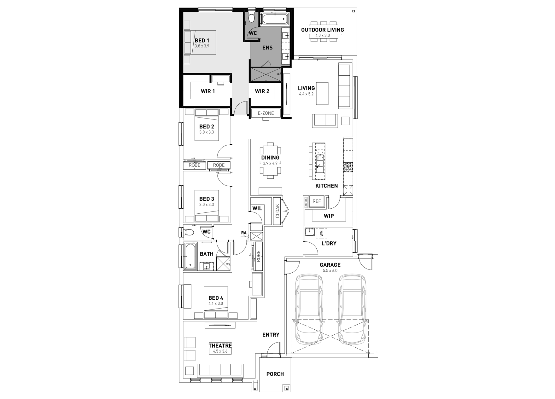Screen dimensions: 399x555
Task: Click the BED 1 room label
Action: (202, 40)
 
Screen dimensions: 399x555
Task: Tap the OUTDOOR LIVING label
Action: (322, 30)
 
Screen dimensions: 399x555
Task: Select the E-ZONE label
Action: (266, 113)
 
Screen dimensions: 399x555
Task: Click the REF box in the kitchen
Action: (317, 201)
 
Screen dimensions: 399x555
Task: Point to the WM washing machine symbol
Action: (321, 234)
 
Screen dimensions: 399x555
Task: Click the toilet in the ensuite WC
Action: (251, 18)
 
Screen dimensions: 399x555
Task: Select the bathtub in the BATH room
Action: (190, 256)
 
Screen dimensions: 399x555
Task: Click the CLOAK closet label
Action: (277, 211)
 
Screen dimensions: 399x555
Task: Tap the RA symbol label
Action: (244, 233)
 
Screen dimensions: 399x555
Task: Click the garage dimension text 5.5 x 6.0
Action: (330, 270)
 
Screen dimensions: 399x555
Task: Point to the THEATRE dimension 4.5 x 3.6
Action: (220, 351)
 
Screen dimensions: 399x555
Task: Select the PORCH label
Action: (275, 374)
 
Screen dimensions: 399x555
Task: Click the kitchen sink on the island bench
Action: (320, 164)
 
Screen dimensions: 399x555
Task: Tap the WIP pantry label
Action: (329, 216)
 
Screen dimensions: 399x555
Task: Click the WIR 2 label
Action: (262, 91)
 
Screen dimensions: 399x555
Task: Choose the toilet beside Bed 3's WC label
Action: (189, 232)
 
